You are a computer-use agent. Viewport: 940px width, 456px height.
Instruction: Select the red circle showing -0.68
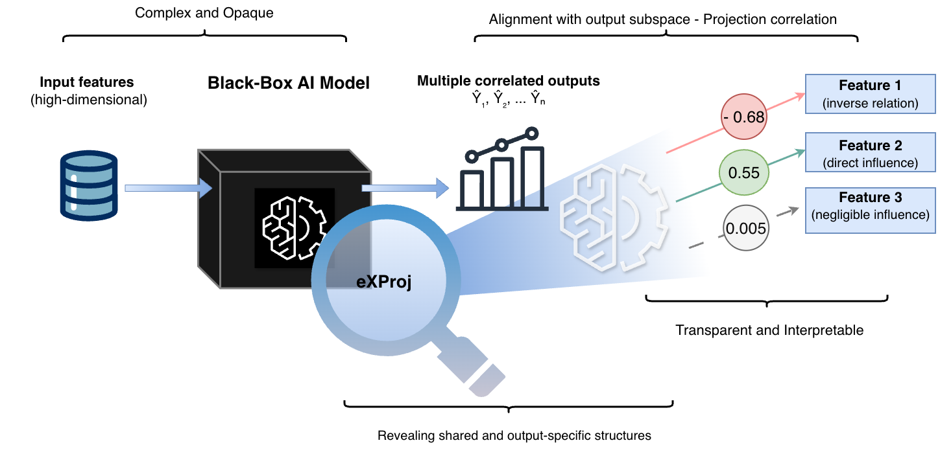[743, 117]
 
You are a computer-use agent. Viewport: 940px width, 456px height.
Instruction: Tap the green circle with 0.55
[743, 173]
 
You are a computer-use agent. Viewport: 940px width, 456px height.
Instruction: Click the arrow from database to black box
[168, 188]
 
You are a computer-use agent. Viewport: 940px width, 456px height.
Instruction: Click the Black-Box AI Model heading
[289, 84]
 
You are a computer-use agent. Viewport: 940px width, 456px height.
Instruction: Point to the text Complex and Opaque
[204, 13]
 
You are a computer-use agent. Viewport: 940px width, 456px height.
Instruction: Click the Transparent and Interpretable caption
[769, 330]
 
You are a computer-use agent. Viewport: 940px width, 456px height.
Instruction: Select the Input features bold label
[87, 82]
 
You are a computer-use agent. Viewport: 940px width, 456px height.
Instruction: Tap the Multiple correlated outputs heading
[508, 82]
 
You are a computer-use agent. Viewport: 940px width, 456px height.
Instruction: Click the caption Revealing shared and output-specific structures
[514, 435]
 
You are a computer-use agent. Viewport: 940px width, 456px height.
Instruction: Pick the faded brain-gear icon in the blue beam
[613, 218]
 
